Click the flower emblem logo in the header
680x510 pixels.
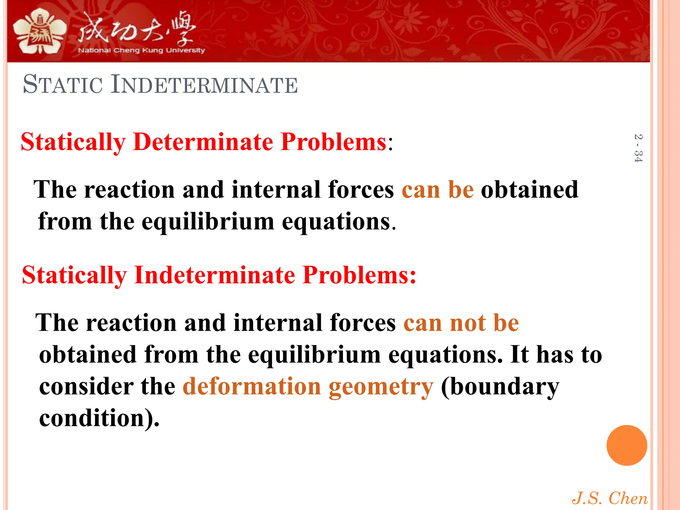39,32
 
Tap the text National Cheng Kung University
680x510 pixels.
141,50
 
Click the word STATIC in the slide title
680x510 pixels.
63,85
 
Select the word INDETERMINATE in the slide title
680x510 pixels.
204,85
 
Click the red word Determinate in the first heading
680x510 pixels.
203,142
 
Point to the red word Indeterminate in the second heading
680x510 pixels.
214,275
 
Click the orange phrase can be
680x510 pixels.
438,190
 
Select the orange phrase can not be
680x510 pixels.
461,323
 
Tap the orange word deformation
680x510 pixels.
251,386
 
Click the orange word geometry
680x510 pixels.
381,387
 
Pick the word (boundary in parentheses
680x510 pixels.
500,387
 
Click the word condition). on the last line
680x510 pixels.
99,418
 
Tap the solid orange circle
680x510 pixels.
627,445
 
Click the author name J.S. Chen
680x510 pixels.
609,498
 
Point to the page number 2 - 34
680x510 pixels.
638,148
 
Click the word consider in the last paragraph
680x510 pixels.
86,386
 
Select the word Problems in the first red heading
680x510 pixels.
333,142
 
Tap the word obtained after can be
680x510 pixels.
530,190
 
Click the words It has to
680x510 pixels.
556,355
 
